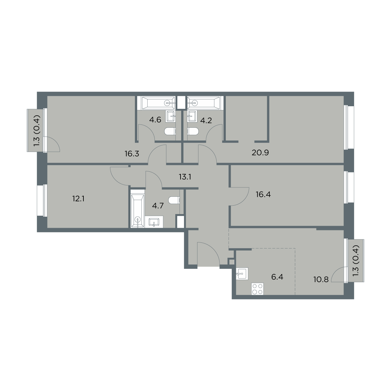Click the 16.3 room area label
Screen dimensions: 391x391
[132, 154]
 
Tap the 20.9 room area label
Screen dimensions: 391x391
[260, 152]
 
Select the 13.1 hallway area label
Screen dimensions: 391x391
[185, 177]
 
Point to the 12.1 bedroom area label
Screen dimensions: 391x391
[78, 199]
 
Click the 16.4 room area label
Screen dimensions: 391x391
[263, 195]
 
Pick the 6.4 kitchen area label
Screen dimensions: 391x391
[277, 277]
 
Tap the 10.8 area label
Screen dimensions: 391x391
[321, 280]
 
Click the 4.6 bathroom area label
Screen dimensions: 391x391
[155, 120]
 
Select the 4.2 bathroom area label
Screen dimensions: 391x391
[206, 121]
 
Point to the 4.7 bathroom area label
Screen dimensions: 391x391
[158, 206]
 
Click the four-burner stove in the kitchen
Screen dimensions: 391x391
[257, 289]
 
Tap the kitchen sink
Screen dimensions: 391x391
[242, 274]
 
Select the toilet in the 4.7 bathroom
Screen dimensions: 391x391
[174, 200]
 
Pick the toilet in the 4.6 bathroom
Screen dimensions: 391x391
[170, 131]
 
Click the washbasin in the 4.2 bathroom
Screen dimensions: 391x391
[192, 117]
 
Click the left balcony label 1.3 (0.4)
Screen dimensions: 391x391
[37, 130]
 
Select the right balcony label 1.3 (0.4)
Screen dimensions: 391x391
[356, 261]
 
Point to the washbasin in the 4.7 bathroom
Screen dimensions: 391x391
[154, 222]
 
